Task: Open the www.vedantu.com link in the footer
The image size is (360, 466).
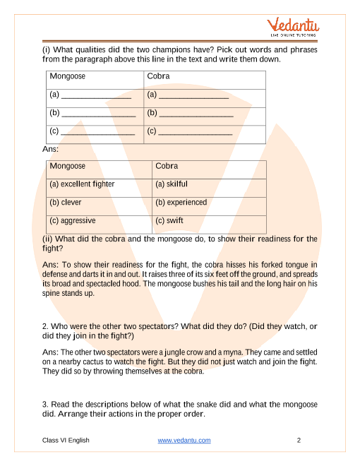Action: pos(184,441)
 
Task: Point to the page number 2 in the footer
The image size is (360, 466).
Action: pos(299,441)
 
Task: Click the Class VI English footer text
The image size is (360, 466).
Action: pos(66,441)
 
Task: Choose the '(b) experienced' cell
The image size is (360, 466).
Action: pos(181,202)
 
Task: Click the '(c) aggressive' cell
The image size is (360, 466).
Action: pos(73,220)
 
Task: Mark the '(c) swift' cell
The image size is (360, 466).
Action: pos(169,220)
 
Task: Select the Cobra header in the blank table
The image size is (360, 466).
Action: pos(159,76)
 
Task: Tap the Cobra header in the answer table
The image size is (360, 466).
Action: pos(167,167)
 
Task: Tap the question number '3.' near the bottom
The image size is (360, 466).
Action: pos(46,404)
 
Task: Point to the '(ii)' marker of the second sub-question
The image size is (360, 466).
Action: pos(48,239)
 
